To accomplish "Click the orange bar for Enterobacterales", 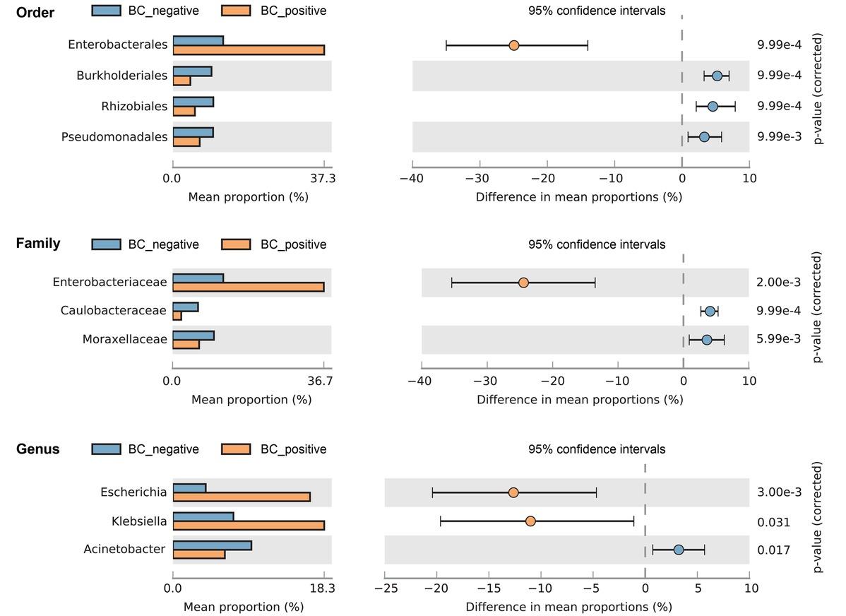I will click(x=249, y=50).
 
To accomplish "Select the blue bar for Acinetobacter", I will click(x=212, y=545).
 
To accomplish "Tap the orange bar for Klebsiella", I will click(x=249, y=526).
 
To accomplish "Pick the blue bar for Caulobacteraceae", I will click(x=185, y=307).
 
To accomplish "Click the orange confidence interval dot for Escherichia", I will click(x=513, y=492).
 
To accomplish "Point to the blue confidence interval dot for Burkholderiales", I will click(x=717, y=76).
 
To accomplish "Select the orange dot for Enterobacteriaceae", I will click(x=523, y=283).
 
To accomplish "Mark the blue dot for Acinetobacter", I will click(x=679, y=550).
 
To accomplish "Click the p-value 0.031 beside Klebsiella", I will click(x=773, y=522).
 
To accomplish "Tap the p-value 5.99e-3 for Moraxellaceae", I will click(x=778, y=339).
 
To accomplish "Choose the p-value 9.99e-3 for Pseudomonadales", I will click(x=779, y=136).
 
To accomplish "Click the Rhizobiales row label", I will click(x=134, y=106).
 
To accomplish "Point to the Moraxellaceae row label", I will click(x=125, y=340).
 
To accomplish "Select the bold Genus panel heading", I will click(x=37, y=449).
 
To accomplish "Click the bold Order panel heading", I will click(x=35, y=13).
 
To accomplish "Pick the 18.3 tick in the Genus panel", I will click(x=322, y=588).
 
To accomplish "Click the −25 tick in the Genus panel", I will click(x=385, y=588).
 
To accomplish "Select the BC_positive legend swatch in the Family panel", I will click(x=236, y=244).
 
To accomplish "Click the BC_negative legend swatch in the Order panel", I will click(x=106, y=11).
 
